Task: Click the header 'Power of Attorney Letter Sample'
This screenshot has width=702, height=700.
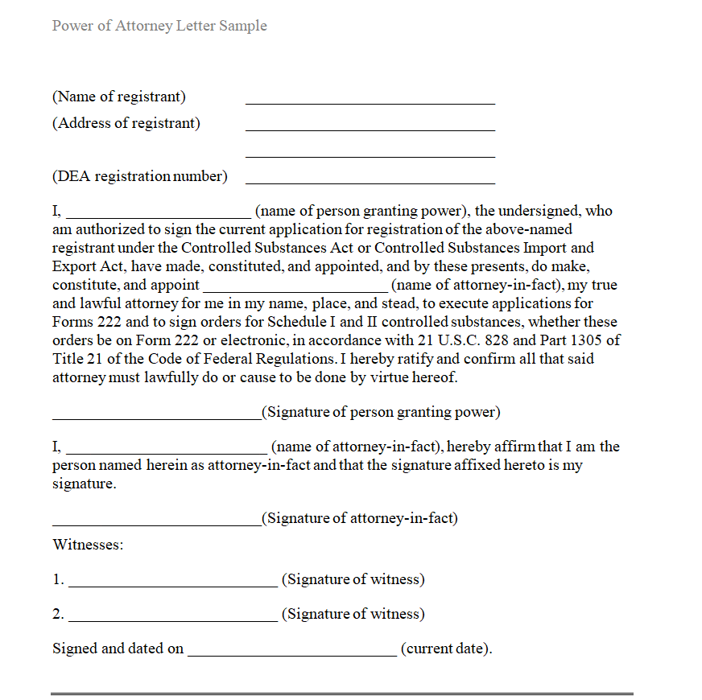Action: click(x=159, y=26)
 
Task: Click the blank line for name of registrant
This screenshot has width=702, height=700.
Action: click(x=370, y=103)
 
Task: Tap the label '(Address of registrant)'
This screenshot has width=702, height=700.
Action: click(x=126, y=123)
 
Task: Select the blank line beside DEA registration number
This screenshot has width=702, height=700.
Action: click(x=370, y=183)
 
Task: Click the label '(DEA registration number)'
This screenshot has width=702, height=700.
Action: click(x=140, y=176)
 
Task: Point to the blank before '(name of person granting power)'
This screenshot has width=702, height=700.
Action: click(x=159, y=216)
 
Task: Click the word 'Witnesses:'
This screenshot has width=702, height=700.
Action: click(x=88, y=545)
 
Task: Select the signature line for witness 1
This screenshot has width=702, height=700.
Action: click(x=173, y=586)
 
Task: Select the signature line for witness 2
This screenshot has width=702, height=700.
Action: click(x=173, y=620)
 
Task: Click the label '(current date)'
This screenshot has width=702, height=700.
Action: click(x=446, y=649)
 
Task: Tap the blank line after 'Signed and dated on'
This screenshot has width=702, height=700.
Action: click(x=291, y=655)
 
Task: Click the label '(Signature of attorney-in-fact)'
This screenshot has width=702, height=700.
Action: click(x=360, y=518)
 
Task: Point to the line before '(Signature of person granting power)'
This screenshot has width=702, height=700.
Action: click(x=157, y=418)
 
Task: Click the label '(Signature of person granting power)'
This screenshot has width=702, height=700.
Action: click(x=381, y=412)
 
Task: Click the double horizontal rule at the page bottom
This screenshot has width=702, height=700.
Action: click(x=342, y=693)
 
